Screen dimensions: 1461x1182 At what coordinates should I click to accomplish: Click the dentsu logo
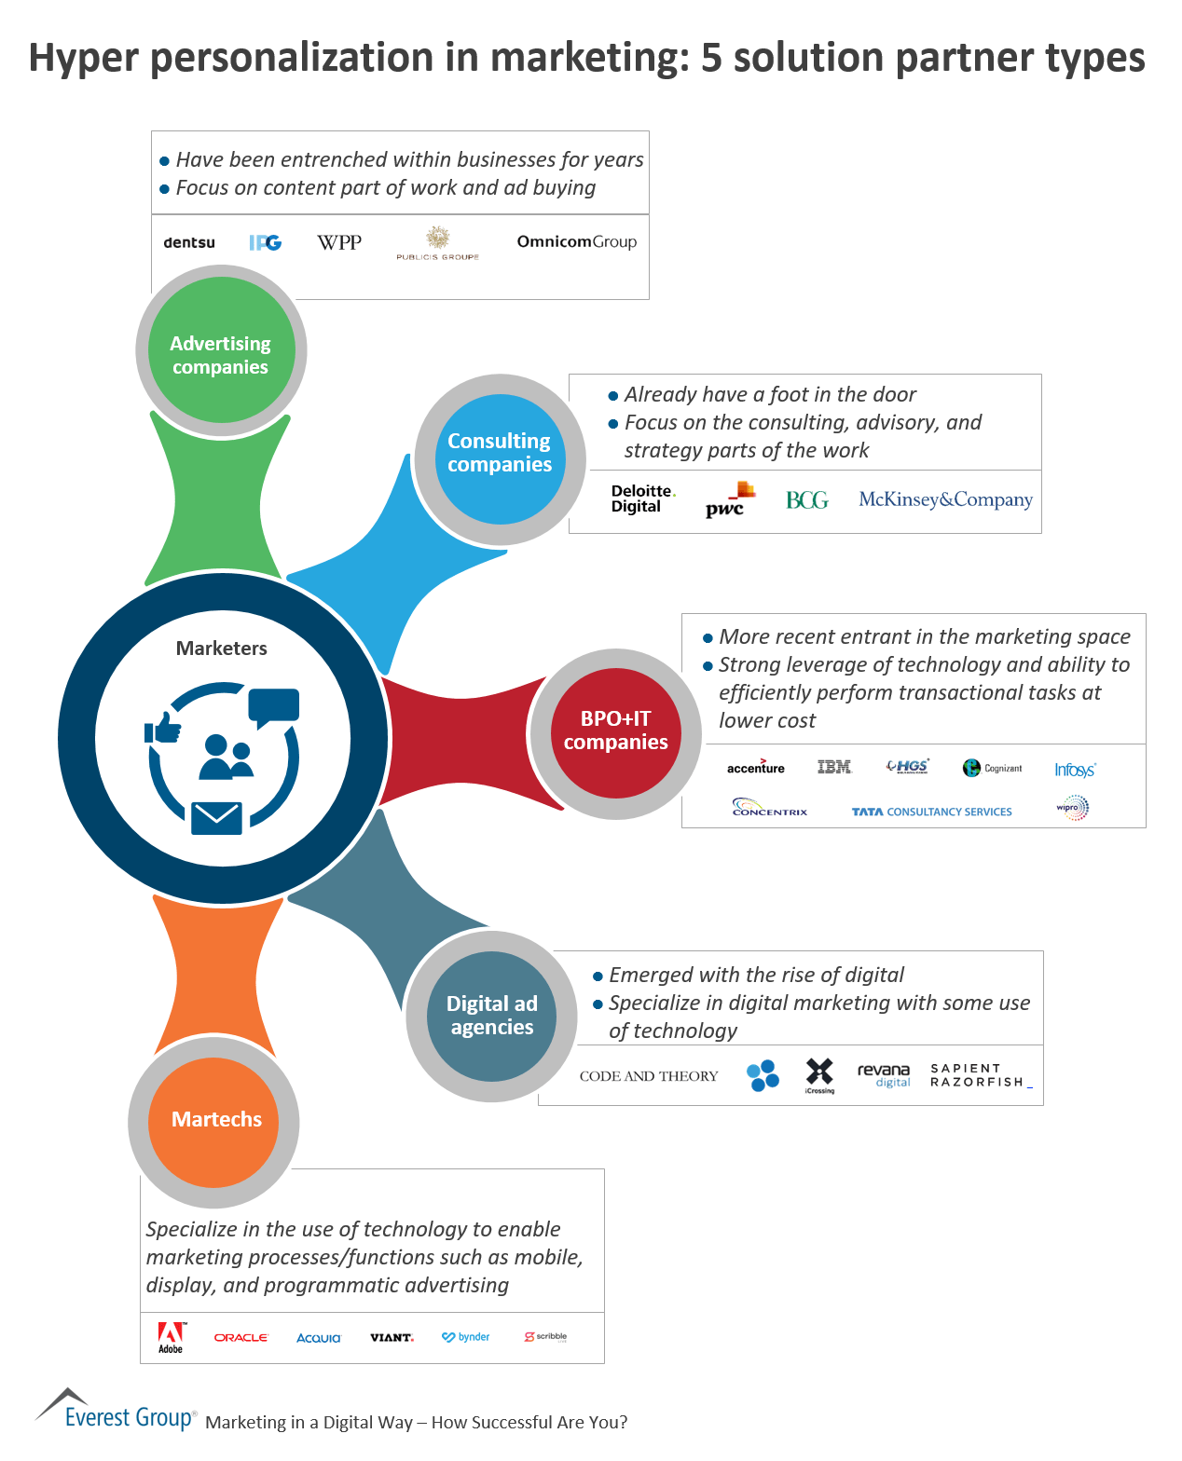tap(189, 242)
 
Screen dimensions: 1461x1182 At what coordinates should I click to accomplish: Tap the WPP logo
tap(339, 242)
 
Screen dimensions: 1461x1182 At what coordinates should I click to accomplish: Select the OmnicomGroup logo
tap(576, 241)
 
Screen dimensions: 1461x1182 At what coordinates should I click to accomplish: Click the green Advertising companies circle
tap(221, 350)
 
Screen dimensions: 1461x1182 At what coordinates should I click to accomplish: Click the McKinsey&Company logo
tap(945, 499)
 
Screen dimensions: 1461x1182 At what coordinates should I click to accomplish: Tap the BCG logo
tap(807, 500)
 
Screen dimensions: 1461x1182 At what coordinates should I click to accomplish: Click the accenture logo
tap(756, 767)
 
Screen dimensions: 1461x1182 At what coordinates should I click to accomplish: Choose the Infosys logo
tap(1075, 770)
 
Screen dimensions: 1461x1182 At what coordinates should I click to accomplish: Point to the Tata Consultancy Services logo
tap(931, 812)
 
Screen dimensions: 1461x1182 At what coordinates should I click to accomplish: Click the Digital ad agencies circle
tap(492, 1016)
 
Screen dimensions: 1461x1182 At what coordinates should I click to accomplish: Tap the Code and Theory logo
tap(649, 1076)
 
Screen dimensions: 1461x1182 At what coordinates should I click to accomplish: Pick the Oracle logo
tap(241, 1337)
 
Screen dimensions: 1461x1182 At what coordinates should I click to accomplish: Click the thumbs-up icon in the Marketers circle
tap(164, 728)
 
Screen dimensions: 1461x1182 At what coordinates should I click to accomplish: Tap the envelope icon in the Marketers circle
tap(216, 817)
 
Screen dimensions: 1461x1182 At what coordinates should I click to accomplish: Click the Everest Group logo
tap(116, 1413)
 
